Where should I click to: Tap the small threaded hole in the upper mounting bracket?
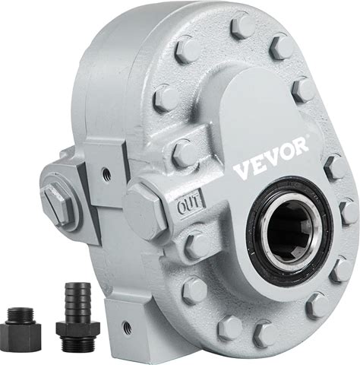[x=106, y=173]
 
